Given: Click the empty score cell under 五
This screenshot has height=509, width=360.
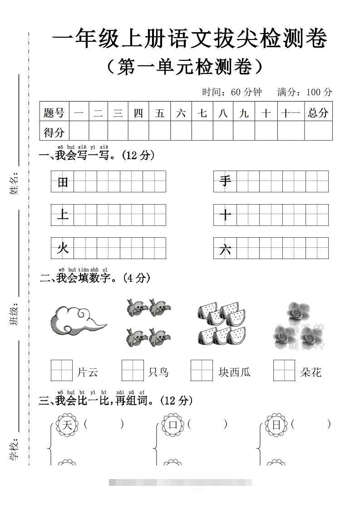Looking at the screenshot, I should pyautogui.click(x=159, y=132).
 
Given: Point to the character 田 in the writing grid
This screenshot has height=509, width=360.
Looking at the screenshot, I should pyautogui.click(x=63, y=182).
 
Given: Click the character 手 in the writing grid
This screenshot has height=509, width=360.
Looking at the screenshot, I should pyautogui.click(x=225, y=181).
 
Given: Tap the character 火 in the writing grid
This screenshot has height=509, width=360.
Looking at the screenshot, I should pyautogui.click(x=63, y=248).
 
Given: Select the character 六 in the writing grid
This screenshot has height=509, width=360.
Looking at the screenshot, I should pyautogui.click(x=225, y=249).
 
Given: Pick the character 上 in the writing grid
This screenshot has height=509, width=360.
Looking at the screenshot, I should pyautogui.click(x=63, y=215).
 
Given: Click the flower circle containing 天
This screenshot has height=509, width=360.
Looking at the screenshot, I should pyautogui.click(x=67, y=425).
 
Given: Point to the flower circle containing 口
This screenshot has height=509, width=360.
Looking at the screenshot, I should pyautogui.click(x=173, y=425).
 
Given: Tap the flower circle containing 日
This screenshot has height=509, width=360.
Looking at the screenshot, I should pyautogui.click(x=276, y=425).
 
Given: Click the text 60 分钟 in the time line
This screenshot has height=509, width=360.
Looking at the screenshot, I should pyautogui.click(x=246, y=92).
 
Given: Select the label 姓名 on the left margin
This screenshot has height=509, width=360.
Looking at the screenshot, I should pyautogui.click(x=14, y=184).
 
